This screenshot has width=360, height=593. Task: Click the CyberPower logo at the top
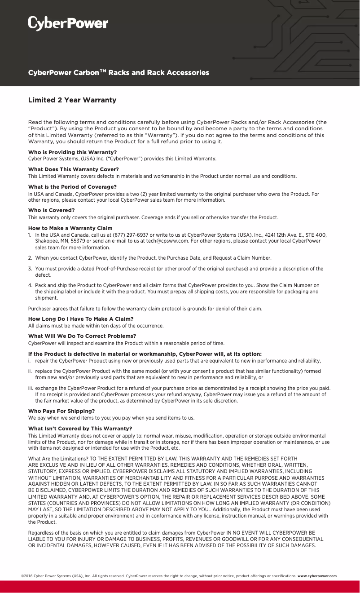68,23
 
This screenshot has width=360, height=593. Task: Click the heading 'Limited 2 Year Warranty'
72,100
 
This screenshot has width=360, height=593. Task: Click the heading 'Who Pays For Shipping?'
61,411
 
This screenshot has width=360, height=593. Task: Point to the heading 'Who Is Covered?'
51,210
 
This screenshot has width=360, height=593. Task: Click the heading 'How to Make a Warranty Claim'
70,228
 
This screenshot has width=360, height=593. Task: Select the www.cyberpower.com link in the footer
317,576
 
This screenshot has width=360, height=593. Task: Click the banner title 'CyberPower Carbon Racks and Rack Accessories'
119,73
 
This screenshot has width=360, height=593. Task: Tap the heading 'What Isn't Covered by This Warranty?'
80,429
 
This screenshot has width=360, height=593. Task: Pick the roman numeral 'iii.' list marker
31,388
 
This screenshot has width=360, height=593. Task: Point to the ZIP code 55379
73,241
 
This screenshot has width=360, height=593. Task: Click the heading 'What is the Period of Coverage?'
72,187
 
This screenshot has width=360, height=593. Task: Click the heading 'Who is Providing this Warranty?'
72,152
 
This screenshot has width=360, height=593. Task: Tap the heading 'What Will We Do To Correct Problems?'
82,336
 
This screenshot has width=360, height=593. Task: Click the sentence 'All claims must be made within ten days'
96,326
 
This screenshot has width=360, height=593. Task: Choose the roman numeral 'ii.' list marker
30,371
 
